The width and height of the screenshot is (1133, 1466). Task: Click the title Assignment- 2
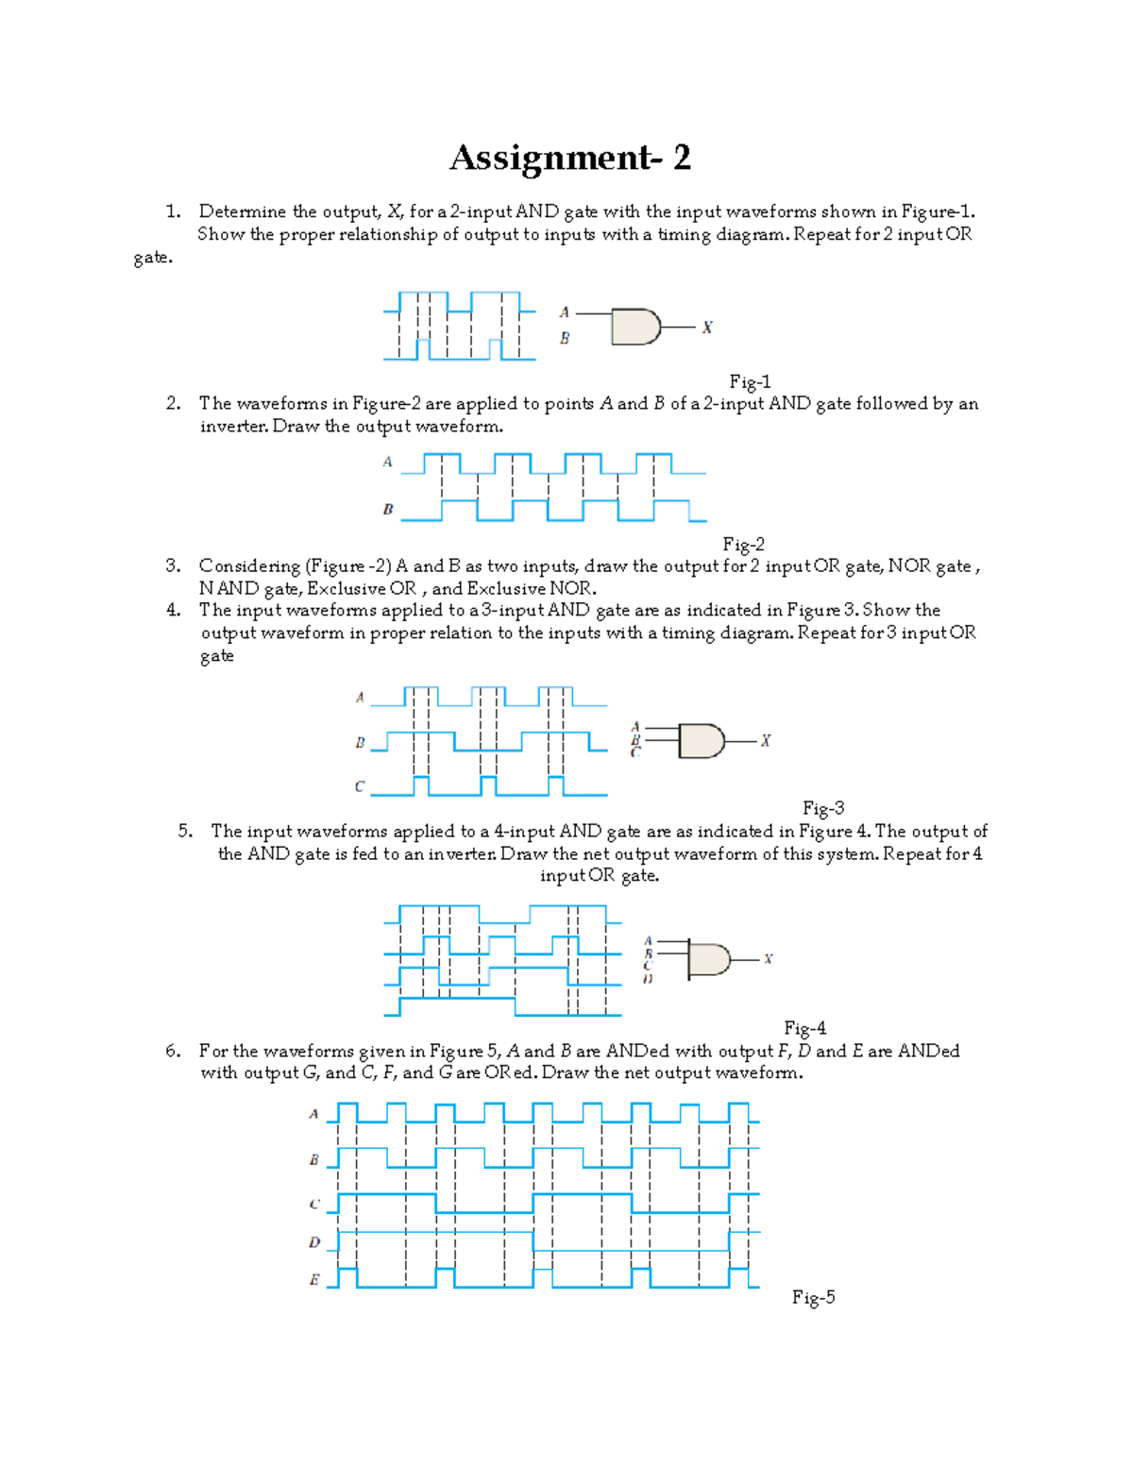(x=569, y=158)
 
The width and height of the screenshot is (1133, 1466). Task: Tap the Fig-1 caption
(x=750, y=381)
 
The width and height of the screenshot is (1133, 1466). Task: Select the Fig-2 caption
(x=743, y=544)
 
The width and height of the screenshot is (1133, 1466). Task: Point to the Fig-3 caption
(x=822, y=808)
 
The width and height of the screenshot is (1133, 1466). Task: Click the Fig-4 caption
(x=804, y=1028)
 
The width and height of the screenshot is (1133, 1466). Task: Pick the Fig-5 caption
(x=813, y=1297)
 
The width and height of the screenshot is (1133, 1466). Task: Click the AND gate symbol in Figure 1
(x=635, y=327)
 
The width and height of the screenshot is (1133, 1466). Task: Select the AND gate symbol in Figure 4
(x=708, y=960)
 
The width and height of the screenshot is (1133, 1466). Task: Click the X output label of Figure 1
(x=706, y=328)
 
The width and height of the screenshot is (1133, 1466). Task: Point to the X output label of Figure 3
(x=765, y=741)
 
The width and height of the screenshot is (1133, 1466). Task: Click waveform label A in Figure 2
(x=387, y=462)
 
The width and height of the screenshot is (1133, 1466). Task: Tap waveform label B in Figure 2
(x=387, y=510)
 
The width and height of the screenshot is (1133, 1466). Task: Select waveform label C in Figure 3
(x=360, y=786)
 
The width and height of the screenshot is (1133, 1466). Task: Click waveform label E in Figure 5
(x=314, y=1280)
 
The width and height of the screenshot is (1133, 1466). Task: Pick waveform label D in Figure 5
(x=314, y=1242)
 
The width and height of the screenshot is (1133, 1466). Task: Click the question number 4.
(x=173, y=611)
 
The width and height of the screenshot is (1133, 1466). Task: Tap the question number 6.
(x=173, y=1051)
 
